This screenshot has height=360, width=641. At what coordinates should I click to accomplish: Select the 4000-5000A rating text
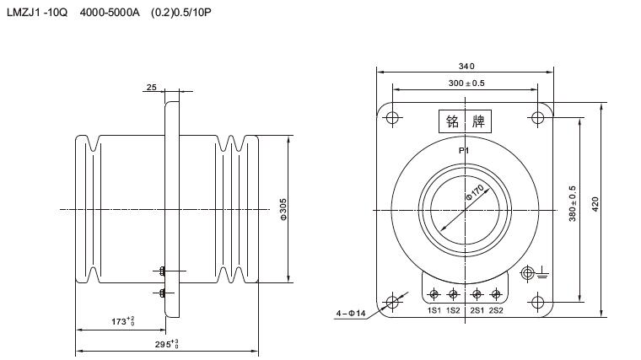point(110,14)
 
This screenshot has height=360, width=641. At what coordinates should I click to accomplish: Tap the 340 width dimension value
point(466,67)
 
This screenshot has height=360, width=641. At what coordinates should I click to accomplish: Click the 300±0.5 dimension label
point(466,83)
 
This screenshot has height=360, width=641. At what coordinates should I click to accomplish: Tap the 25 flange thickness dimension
point(151,87)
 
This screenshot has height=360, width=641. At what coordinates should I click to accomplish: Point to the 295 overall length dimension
point(168,343)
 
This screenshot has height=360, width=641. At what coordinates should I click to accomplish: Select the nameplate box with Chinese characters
point(466,122)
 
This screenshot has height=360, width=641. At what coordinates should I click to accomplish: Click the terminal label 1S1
point(434,310)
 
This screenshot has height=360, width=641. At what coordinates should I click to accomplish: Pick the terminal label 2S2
point(496,310)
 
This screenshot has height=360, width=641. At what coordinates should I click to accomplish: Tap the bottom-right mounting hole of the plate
point(538,302)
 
